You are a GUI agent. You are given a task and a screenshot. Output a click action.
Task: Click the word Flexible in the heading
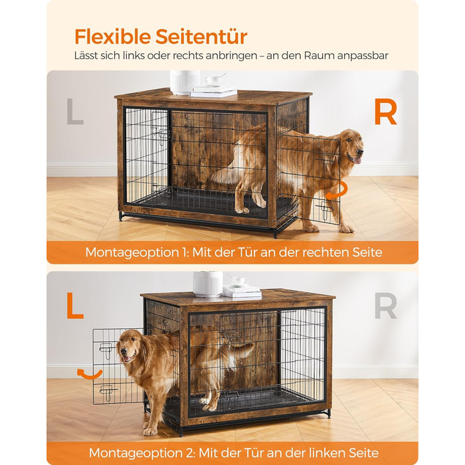point(112,37)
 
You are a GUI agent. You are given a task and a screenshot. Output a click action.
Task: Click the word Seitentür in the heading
point(201,37)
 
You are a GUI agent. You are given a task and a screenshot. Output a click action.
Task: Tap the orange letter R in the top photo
point(385,112)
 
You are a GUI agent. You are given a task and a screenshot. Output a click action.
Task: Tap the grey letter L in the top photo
point(75,111)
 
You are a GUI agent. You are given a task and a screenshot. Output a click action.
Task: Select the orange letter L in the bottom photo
point(75,306)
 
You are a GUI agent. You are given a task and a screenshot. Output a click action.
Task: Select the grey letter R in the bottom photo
point(385,306)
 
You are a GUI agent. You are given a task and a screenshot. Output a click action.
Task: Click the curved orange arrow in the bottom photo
point(89,374)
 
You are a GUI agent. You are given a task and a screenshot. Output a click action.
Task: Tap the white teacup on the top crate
point(213,80)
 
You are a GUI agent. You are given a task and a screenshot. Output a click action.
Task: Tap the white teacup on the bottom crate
point(240,280)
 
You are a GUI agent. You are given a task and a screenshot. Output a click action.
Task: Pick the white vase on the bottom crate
point(208,284)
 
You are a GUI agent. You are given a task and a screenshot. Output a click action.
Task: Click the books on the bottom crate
point(242,291)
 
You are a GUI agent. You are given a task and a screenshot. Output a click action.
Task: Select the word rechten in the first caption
point(325,252)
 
